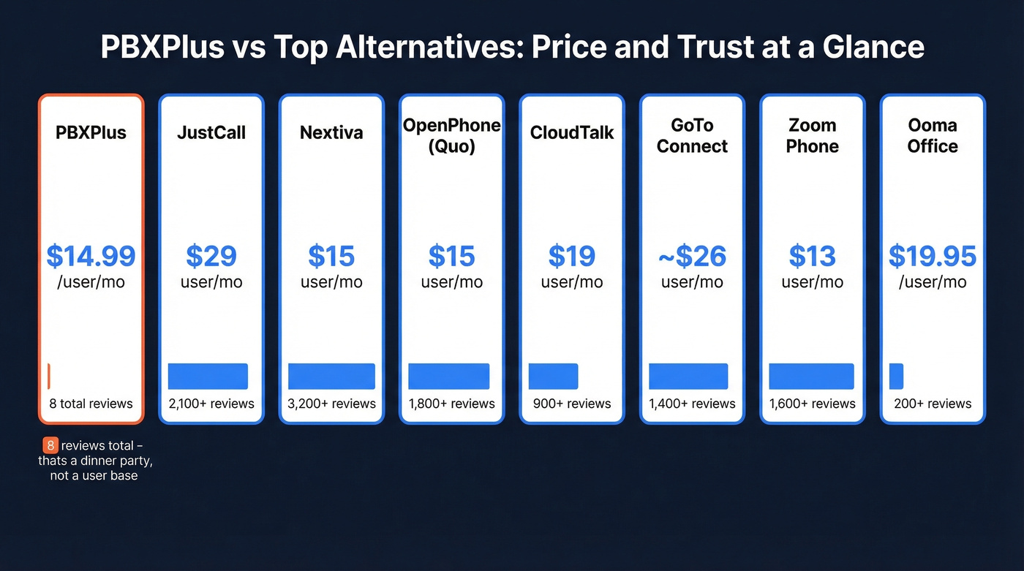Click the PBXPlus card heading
tap(91, 133)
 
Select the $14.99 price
tap(91, 257)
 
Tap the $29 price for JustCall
tap(211, 257)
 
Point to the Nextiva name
tap(331, 133)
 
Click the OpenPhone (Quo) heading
tap(451, 136)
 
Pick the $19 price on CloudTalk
tap(571, 257)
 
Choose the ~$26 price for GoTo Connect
tap(692, 257)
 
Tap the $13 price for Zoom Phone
tap(812, 257)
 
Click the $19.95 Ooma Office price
tap(932, 257)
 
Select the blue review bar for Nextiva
tap(331, 376)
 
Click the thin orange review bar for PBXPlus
tap(48, 376)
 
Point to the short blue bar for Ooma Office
tap(896, 376)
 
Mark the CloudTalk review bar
tap(553, 376)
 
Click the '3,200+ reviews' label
tap(331, 404)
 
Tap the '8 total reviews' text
tap(91, 404)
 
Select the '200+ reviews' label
tap(932, 404)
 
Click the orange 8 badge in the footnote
tap(50, 446)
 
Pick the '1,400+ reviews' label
tap(692, 404)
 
